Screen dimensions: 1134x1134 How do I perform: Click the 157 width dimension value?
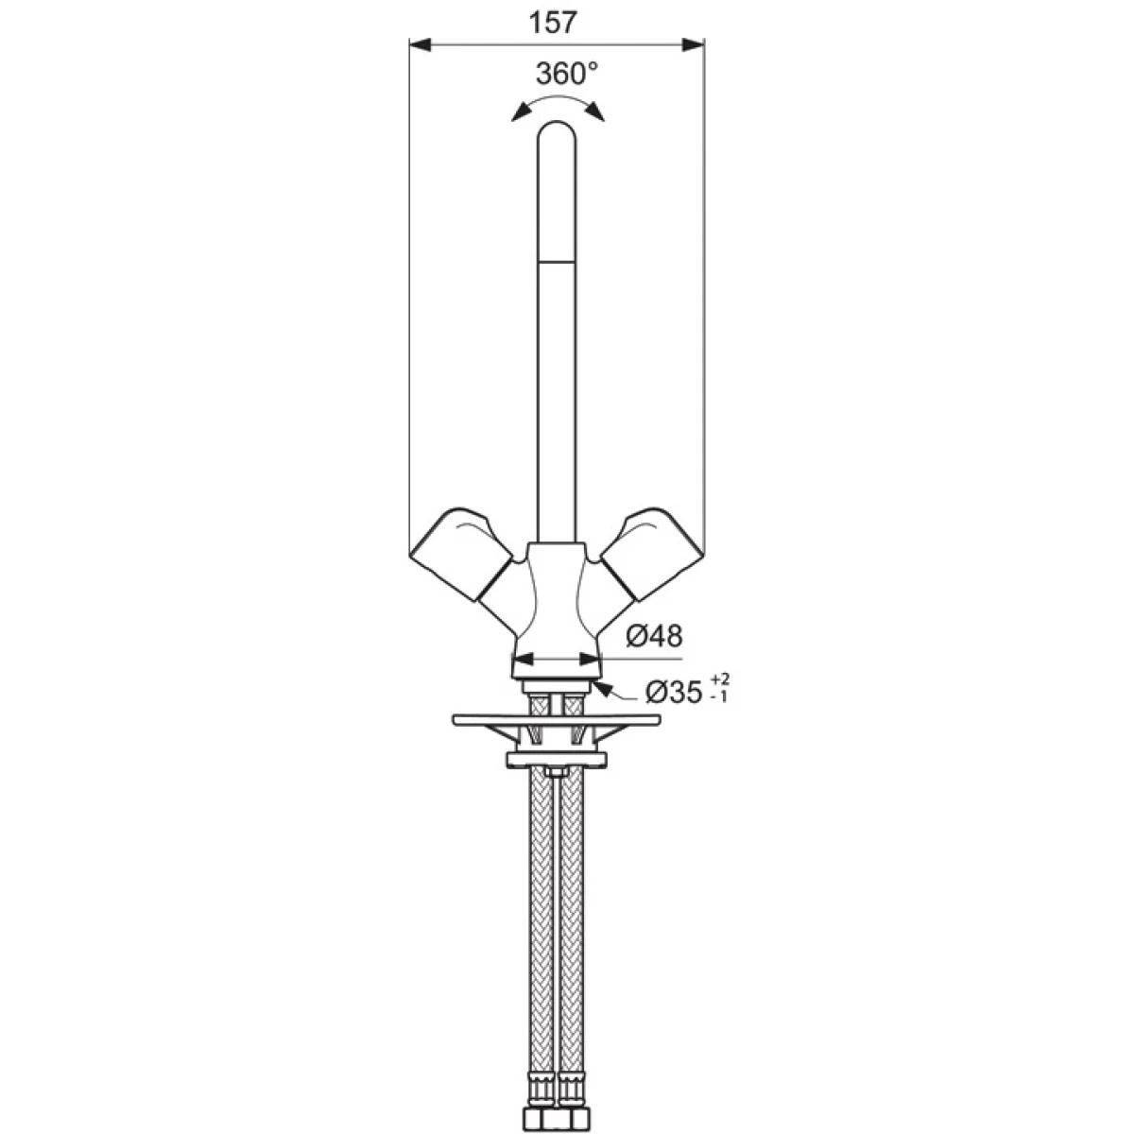click(553, 24)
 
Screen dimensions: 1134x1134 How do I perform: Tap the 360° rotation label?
click(565, 74)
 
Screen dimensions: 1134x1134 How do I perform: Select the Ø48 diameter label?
click(654, 636)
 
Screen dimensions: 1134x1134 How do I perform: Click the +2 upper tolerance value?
click(720, 679)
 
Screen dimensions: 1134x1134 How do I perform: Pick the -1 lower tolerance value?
click(719, 697)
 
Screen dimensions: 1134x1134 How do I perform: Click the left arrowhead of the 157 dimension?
click(421, 44)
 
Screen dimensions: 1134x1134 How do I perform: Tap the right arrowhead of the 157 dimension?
click(694, 44)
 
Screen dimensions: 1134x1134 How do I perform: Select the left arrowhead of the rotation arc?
click(520, 112)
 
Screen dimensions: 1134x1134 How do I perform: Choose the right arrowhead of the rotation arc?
click(594, 112)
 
